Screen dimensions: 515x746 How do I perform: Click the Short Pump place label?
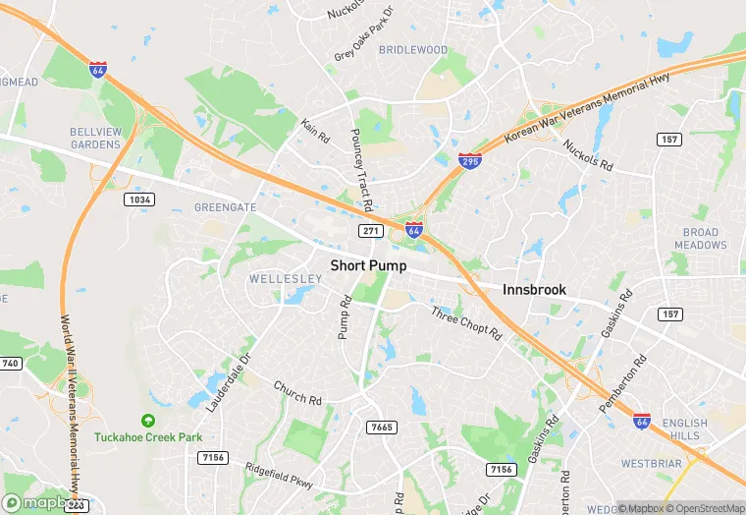368,265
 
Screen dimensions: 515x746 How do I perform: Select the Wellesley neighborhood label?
286,279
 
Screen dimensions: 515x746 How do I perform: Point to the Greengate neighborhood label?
225,207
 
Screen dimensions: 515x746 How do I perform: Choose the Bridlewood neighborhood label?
413,50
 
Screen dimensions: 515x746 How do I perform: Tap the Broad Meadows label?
702,238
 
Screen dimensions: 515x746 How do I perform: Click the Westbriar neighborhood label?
651,462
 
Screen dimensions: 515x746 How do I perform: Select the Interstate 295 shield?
471,161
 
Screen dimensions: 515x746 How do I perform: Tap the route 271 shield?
370,230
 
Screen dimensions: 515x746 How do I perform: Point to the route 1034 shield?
139,200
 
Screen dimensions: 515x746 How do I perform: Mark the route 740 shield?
10,364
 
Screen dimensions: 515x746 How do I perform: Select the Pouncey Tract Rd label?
361,171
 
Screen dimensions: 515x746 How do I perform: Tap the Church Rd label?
297,393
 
